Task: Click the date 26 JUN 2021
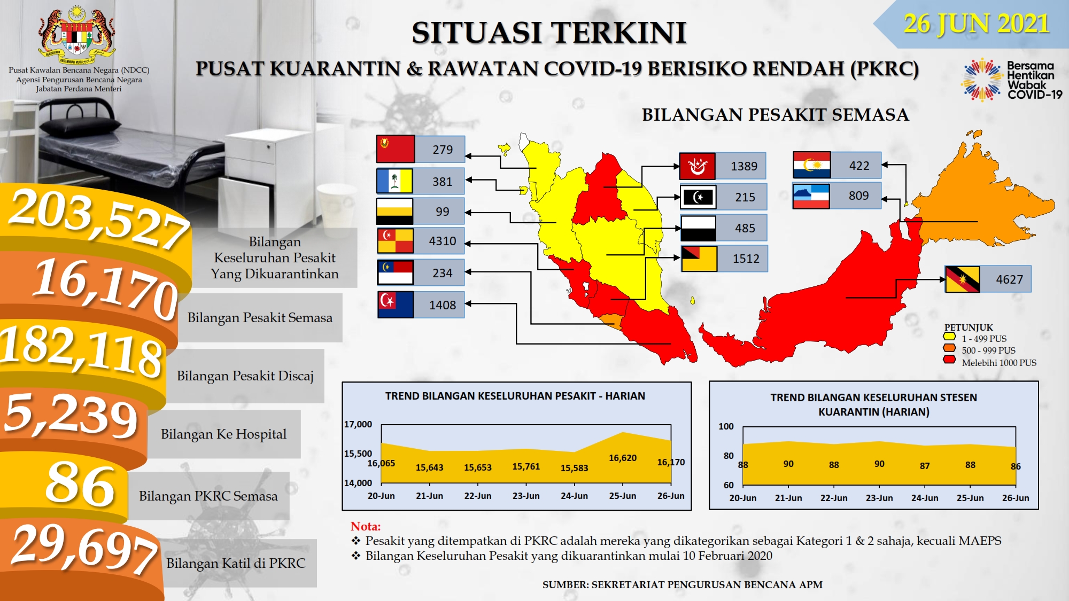(976, 24)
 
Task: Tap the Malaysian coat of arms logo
(78, 33)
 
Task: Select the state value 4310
(443, 241)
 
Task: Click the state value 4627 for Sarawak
(1009, 279)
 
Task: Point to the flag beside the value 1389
(697, 166)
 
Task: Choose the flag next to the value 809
(811, 196)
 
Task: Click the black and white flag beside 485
(698, 228)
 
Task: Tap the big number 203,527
(99, 219)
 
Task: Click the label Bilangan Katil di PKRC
(236, 563)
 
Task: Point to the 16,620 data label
(623, 458)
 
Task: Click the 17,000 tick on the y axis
(358, 424)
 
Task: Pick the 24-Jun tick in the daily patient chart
(574, 496)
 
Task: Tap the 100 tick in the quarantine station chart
(726, 426)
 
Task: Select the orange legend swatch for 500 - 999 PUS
(949, 348)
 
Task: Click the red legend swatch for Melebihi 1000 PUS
(949, 360)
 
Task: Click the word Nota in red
(366, 526)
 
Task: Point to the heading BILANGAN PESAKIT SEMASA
(776, 115)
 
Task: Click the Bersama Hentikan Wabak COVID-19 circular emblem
(982, 80)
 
